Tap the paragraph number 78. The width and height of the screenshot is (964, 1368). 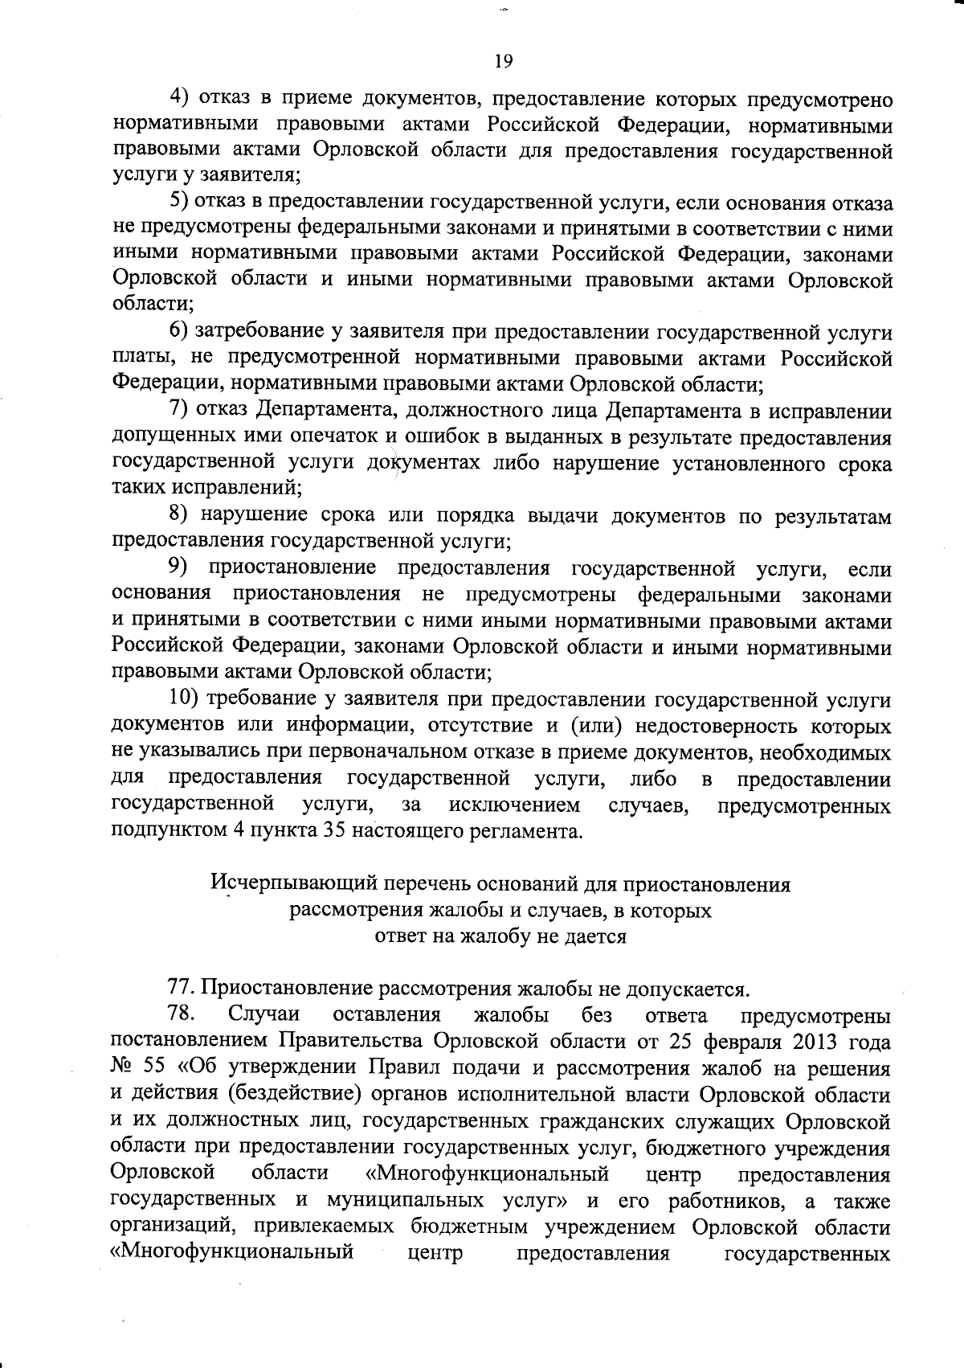tap(184, 1015)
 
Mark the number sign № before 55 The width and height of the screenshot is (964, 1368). tap(125, 1069)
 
